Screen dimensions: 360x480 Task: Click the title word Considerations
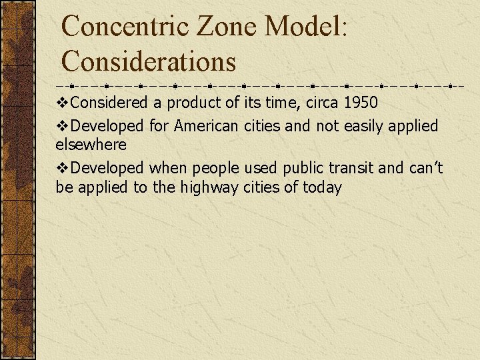(149, 62)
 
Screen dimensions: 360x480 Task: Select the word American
(206, 125)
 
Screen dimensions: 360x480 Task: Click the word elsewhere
(91, 144)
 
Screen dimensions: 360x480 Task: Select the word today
(322, 188)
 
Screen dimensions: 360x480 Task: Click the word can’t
(425, 168)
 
